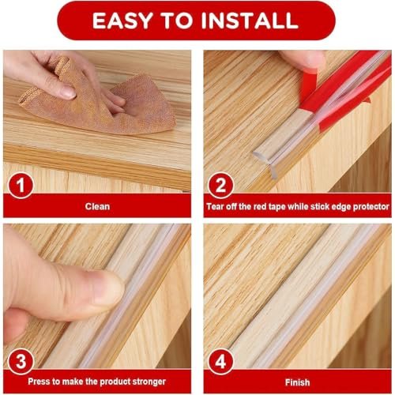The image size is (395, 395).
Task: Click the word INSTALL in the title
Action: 250,21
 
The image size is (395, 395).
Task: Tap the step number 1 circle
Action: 21,185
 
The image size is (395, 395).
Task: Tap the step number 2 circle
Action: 220,185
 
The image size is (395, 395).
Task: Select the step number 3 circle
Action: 21,361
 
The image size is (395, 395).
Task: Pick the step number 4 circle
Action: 220,361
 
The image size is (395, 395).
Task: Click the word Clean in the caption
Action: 97,206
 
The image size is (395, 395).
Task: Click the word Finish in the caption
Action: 297,382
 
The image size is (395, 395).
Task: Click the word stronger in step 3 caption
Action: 149,382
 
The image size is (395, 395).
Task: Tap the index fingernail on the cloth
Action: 68,92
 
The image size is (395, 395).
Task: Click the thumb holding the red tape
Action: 303,60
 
